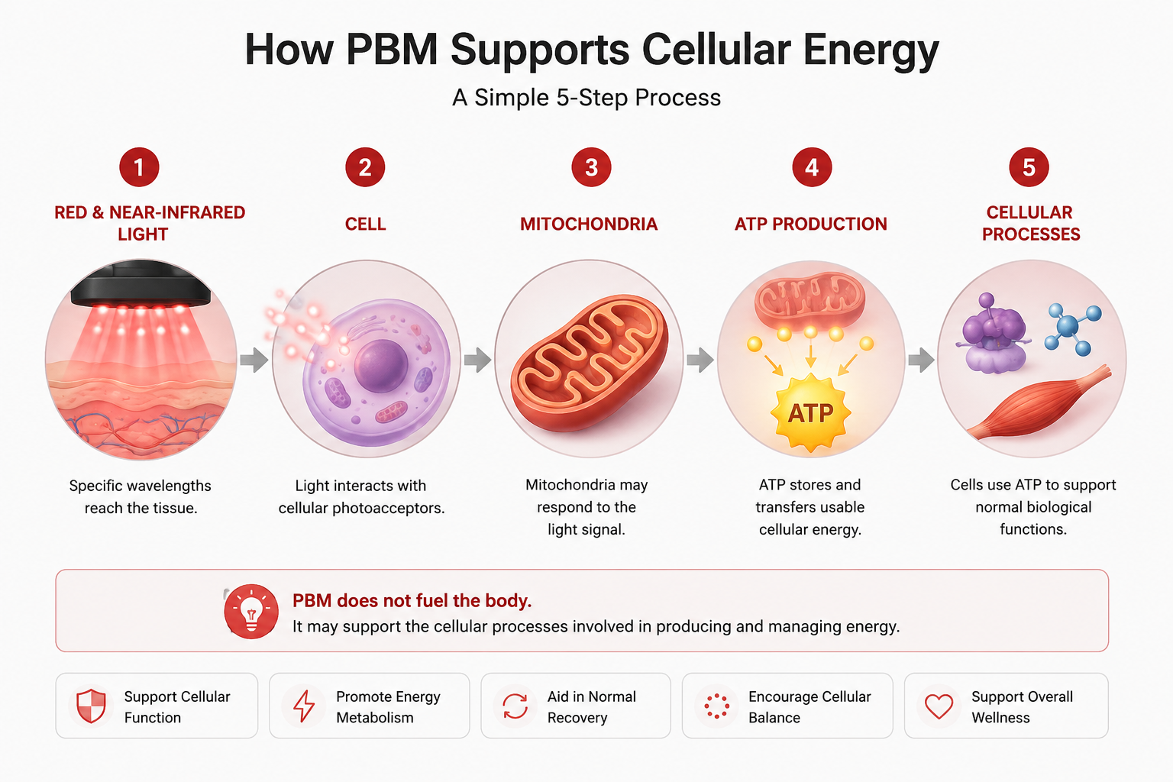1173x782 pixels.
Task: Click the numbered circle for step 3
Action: click(591, 167)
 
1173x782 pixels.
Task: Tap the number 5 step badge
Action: click(1029, 167)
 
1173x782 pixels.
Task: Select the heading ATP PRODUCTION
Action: click(810, 225)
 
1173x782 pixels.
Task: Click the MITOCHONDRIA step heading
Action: click(589, 225)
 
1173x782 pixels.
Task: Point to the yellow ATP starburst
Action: click(810, 412)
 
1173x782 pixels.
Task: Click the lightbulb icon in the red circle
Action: click(251, 611)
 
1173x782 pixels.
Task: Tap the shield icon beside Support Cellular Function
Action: click(91, 706)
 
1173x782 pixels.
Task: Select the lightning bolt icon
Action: click(304, 706)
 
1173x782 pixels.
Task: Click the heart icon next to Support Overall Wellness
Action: click(939, 706)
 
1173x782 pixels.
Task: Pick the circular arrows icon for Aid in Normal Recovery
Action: click(515, 706)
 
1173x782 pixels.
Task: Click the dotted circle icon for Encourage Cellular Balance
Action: click(716, 706)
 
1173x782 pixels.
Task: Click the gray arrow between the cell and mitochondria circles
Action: click(477, 360)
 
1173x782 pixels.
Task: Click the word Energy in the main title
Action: click(871, 50)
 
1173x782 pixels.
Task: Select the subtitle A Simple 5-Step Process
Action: click(586, 98)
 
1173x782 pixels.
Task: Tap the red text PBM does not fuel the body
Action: click(412, 600)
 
